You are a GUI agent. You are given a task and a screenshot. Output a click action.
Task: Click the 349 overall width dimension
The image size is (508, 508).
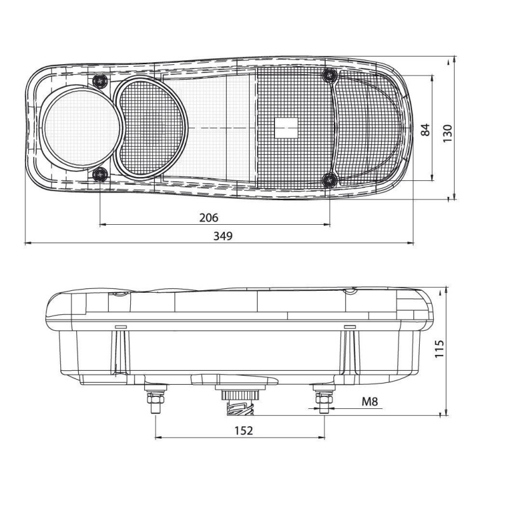(x=223, y=236)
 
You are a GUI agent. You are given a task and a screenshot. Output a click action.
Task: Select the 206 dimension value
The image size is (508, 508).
(x=208, y=218)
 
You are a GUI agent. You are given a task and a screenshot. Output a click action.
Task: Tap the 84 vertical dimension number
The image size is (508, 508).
(x=425, y=130)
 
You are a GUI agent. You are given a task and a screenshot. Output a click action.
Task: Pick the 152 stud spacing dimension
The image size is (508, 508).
(x=243, y=431)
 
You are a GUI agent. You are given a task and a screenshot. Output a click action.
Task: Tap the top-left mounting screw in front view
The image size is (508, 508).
(x=100, y=80)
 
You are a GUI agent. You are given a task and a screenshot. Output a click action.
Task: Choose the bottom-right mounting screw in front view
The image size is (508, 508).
(x=328, y=180)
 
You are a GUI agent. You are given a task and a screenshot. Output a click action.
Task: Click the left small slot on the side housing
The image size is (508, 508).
(x=119, y=326)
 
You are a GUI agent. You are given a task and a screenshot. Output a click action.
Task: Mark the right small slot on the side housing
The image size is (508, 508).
(x=349, y=326)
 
